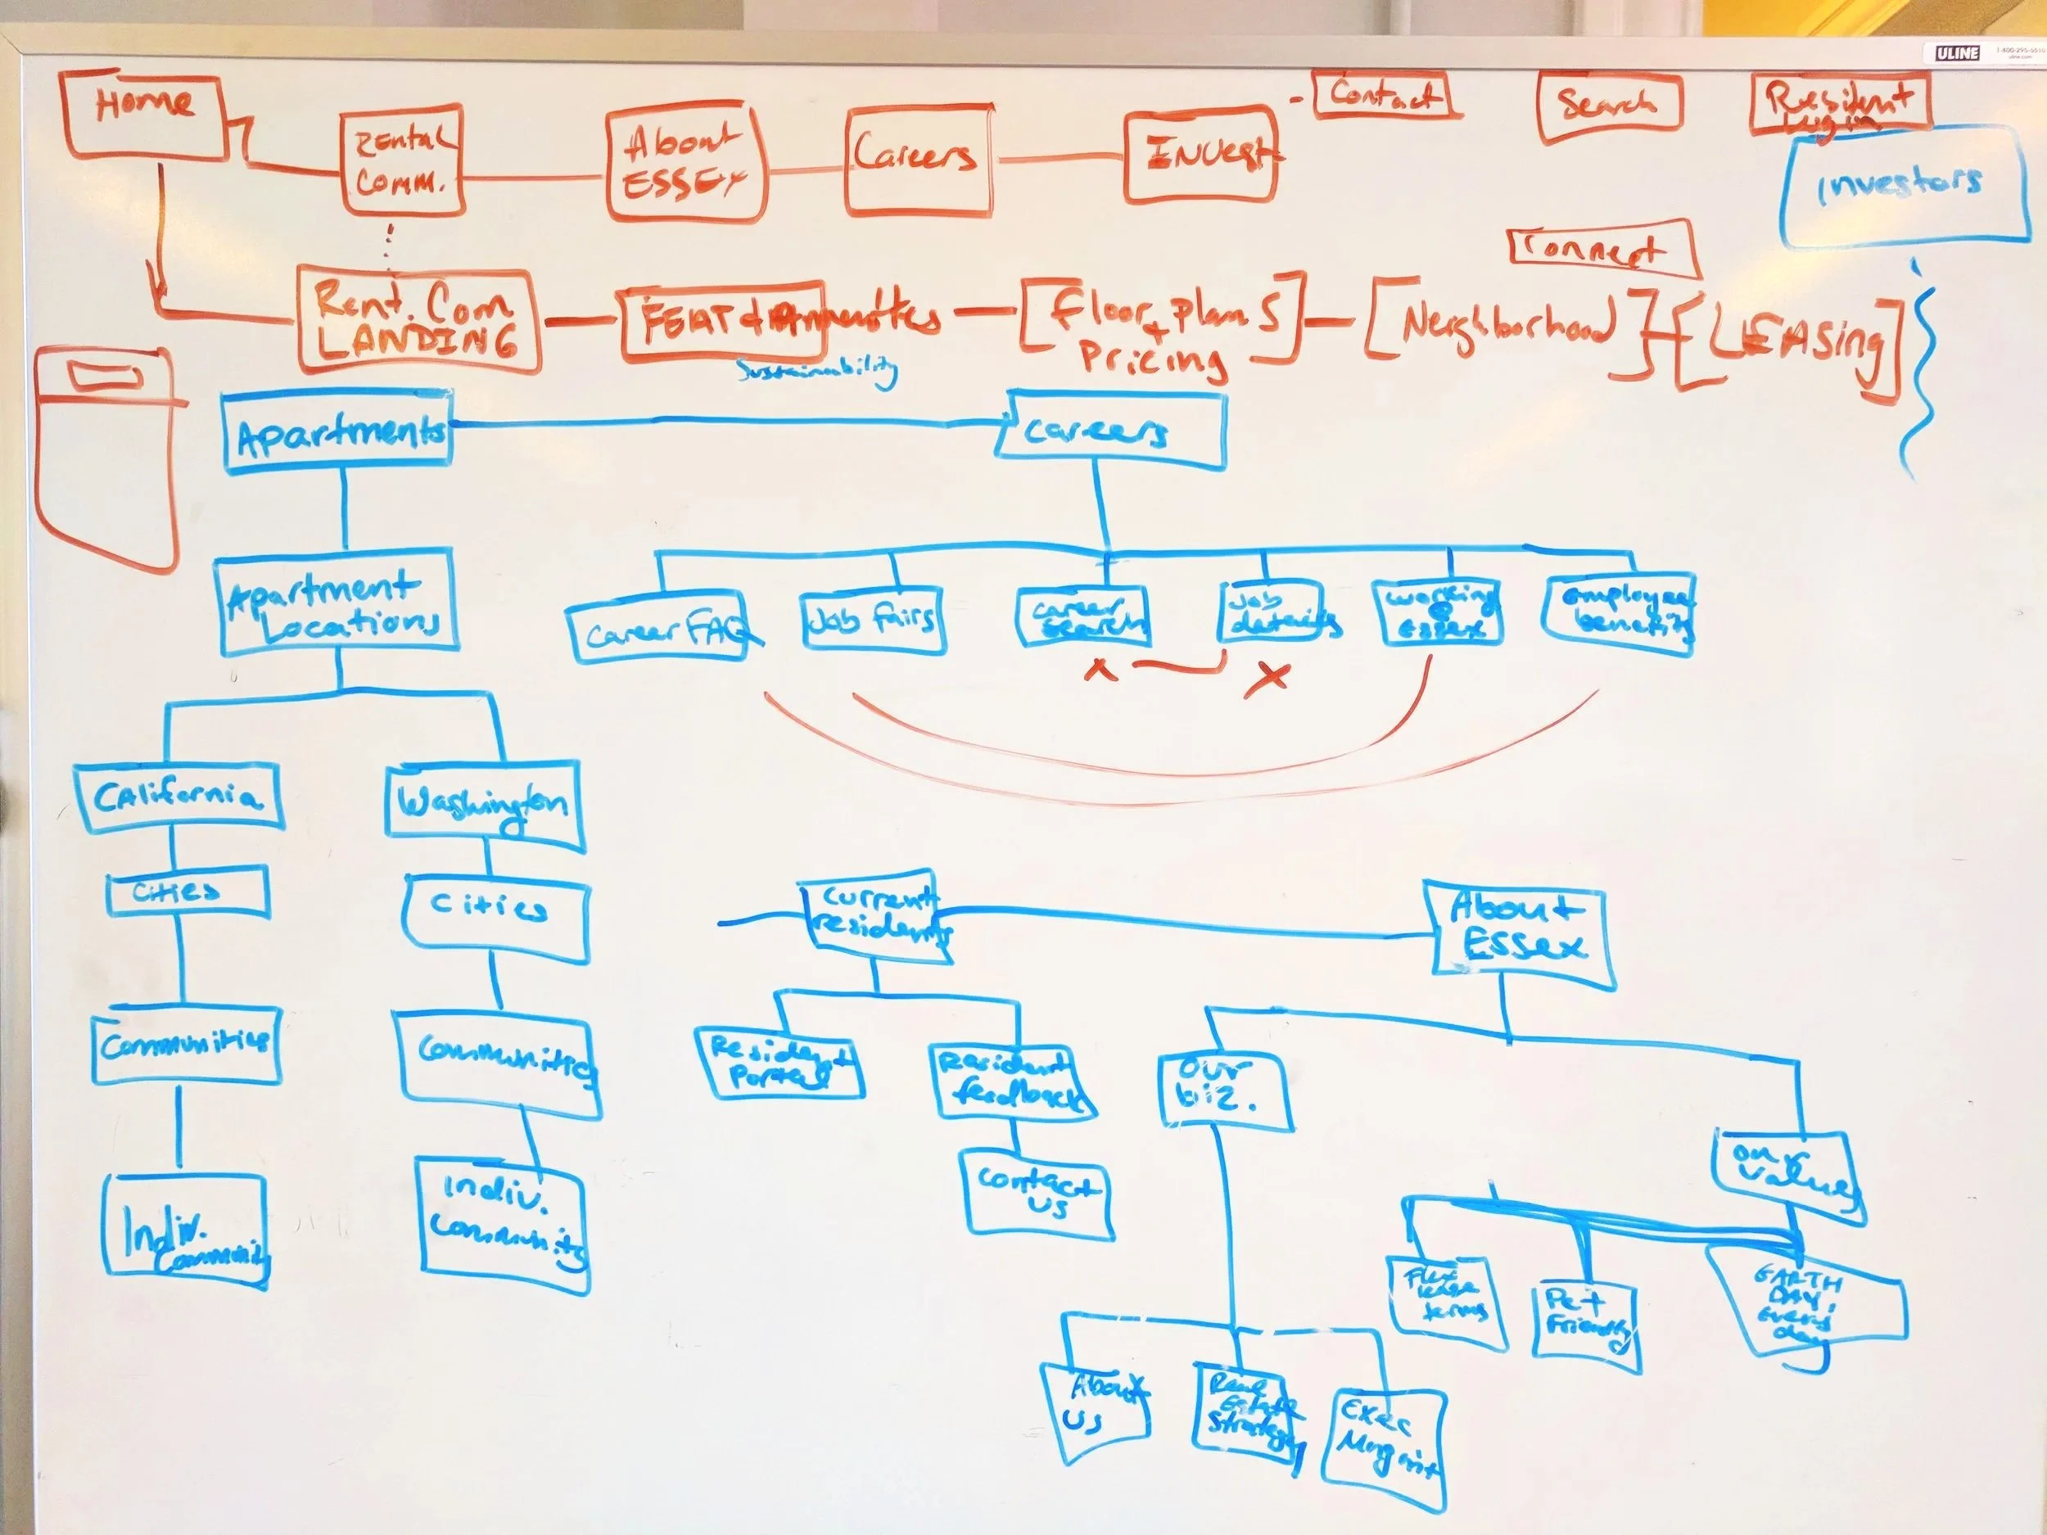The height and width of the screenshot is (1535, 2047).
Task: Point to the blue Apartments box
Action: (x=339, y=432)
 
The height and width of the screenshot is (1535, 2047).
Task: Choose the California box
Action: (x=178, y=797)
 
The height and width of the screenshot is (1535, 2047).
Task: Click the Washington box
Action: (x=484, y=804)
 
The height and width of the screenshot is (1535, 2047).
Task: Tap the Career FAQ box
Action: (x=660, y=633)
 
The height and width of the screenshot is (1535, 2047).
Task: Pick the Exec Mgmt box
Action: (x=1386, y=1448)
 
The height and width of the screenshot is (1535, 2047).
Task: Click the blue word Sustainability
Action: (x=817, y=371)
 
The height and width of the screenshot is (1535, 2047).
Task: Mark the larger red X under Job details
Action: (x=1267, y=677)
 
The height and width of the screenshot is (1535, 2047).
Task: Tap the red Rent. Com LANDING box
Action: (x=418, y=320)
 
